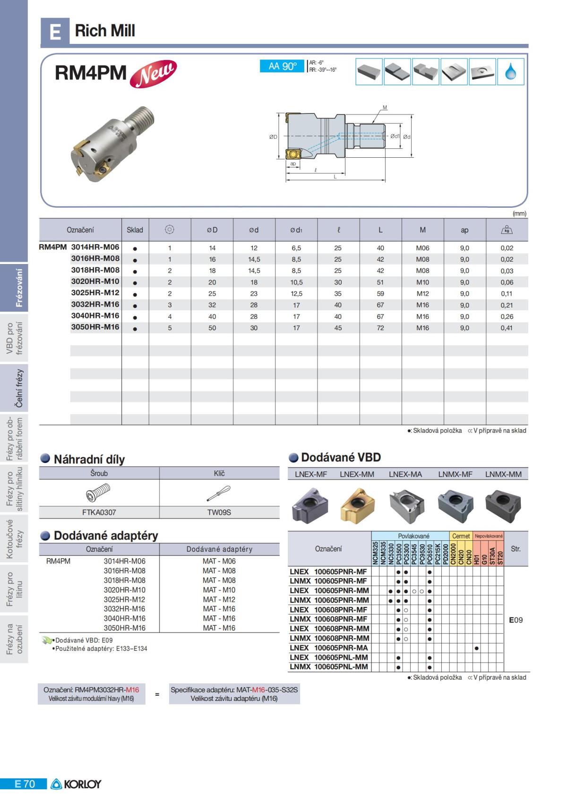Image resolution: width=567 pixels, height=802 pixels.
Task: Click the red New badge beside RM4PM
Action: coord(153,74)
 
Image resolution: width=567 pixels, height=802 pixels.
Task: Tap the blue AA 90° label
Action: coord(282,67)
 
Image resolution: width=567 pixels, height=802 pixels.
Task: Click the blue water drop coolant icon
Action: coord(511,72)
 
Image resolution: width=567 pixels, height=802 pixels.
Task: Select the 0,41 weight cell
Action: coord(507,328)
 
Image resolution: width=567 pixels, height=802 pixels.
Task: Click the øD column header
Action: coord(212,230)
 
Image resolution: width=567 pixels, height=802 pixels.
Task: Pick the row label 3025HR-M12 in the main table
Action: coord(95,293)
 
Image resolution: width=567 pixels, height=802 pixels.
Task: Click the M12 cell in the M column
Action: coord(422,293)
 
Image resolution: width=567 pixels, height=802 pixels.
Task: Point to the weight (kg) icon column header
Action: coord(507,230)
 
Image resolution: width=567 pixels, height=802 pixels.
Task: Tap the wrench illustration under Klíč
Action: coord(219,494)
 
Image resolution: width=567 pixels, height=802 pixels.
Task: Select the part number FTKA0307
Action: coord(99,512)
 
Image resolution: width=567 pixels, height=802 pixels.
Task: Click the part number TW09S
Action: coord(219,512)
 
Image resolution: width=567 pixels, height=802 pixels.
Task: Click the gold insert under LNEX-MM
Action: coord(357,505)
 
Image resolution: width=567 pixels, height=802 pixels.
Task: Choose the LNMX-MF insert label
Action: coord(455,474)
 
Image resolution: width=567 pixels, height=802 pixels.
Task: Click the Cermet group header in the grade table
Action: coord(461,536)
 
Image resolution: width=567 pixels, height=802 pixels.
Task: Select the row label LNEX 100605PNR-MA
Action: coord(329,648)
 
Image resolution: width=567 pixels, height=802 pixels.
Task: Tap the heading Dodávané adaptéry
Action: coord(105,536)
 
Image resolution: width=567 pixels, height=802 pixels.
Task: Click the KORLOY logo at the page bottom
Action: coord(76,784)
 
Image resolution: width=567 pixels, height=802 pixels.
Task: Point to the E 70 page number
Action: coord(25,784)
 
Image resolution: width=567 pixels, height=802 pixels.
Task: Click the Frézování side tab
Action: coord(19,288)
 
